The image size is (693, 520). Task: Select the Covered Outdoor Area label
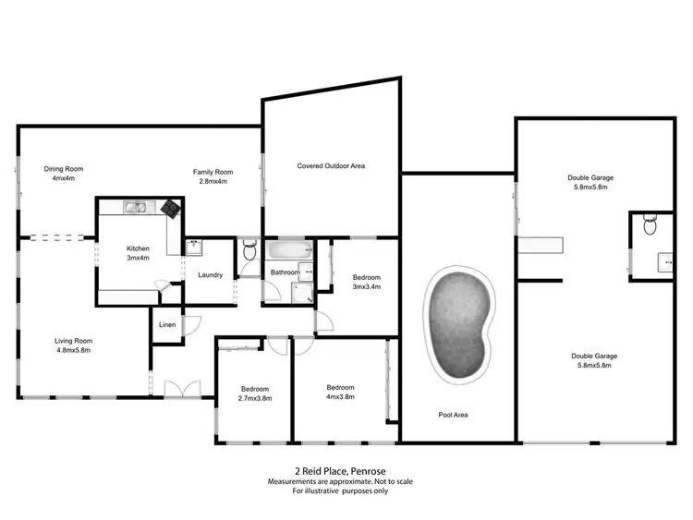tap(331, 166)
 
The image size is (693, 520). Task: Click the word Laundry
tap(211, 274)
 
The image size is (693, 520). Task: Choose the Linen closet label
tap(167, 325)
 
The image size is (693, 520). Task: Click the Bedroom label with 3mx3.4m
tap(367, 282)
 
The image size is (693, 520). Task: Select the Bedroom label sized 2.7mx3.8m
tap(254, 393)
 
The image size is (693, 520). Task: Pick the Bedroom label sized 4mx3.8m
tap(340, 392)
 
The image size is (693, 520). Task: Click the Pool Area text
tap(453, 415)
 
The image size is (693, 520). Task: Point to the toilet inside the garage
tap(650, 225)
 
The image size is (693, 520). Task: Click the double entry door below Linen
tap(176, 389)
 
